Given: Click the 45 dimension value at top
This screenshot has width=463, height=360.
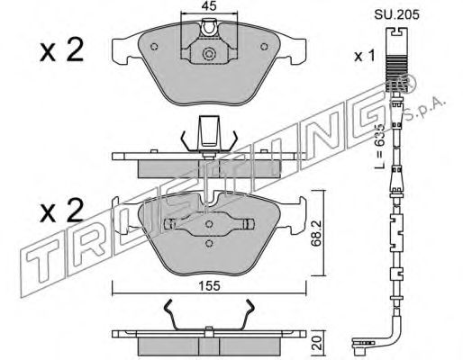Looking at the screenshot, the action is click(x=209, y=6).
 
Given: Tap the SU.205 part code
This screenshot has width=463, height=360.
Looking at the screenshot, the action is click(x=396, y=14).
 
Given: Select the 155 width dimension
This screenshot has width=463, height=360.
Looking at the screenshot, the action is click(x=210, y=285).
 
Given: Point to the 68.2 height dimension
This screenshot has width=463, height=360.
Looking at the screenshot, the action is click(x=316, y=233).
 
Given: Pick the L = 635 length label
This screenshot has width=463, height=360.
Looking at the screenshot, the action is click(x=380, y=146).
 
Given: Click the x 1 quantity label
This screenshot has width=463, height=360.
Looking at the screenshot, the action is click(x=365, y=56).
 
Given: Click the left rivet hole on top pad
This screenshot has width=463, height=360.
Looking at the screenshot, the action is click(x=154, y=47).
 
